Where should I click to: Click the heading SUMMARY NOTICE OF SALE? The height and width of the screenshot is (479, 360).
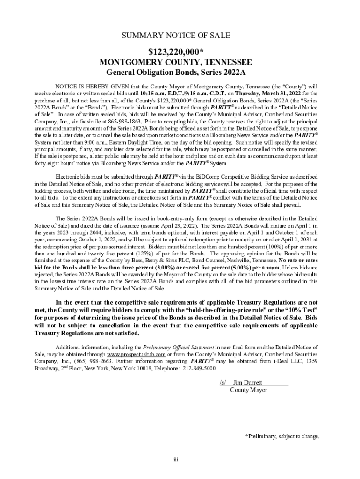[x=176, y=36]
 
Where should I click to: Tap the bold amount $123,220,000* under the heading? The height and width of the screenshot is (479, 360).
[x=176, y=51]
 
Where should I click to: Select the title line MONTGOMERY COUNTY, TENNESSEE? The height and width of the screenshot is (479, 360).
[x=176, y=62]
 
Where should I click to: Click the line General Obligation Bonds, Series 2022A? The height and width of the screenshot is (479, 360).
[x=176, y=73]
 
